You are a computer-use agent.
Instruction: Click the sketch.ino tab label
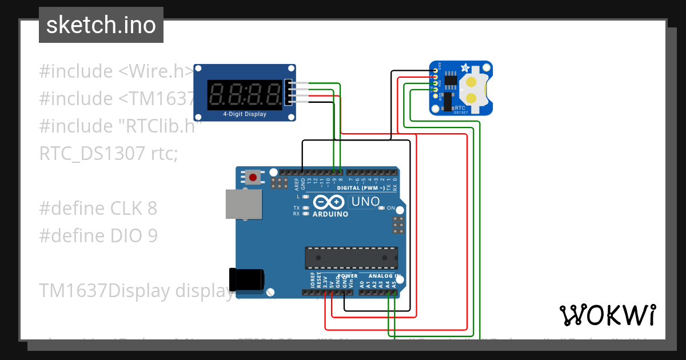click(x=101, y=25)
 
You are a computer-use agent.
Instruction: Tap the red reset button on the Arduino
click(x=253, y=177)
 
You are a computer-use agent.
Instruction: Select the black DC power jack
click(x=247, y=279)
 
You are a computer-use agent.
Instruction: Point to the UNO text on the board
click(x=365, y=202)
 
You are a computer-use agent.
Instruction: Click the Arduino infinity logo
click(x=329, y=202)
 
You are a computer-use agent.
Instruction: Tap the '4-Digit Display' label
click(x=245, y=114)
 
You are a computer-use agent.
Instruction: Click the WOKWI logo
click(x=607, y=315)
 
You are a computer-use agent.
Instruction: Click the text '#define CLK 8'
click(x=98, y=209)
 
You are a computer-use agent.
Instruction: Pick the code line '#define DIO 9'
click(x=98, y=236)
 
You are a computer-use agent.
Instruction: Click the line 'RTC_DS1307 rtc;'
click(x=109, y=154)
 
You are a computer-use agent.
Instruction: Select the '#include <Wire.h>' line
click(x=117, y=71)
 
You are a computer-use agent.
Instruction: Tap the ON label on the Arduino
click(x=391, y=208)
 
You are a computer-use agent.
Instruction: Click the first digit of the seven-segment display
click(x=218, y=93)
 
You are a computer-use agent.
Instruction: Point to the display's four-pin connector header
click(x=289, y=93)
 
